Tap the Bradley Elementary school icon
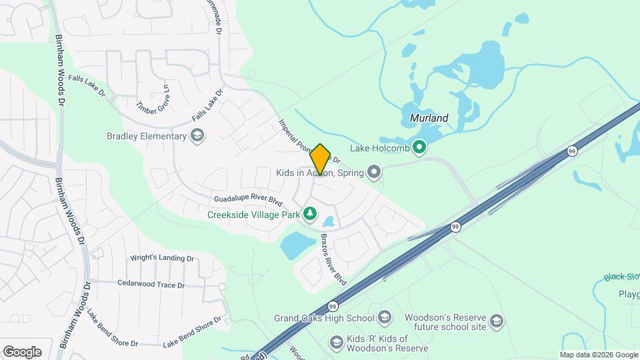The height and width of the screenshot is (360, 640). [197, 137]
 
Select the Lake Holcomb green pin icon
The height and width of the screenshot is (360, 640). [419, 147]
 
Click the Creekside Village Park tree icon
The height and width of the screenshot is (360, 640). [309, 214]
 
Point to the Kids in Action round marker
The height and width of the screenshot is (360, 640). [374, 173]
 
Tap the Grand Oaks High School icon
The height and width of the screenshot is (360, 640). [385, 317]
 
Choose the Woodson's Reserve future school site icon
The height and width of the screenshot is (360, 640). [496, 322]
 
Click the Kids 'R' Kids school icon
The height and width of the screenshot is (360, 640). [336, 343]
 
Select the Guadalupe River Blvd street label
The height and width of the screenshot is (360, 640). [249, 200]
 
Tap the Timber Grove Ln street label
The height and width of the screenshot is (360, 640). [155, 99]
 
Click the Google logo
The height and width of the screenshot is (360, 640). [22, 352]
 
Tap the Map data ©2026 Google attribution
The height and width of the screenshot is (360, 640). [599, 355]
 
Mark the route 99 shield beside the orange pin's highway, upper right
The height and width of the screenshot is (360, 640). [572, 152]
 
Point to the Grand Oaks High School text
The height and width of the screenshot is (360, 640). [323, 317]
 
